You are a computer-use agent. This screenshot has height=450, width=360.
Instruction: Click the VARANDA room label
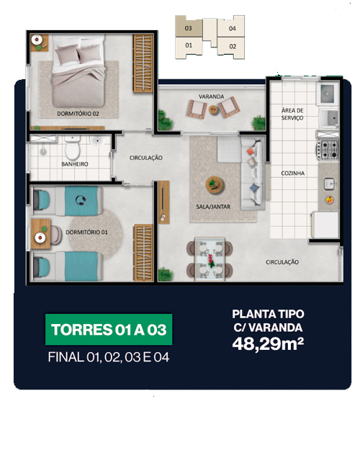(211, 96)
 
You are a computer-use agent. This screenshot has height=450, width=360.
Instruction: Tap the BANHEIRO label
(75, 164)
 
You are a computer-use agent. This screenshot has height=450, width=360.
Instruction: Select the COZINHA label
(292, 173)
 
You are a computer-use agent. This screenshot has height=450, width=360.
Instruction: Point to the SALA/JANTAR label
(213, 207)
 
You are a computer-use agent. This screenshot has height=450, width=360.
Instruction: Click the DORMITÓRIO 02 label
(78, 114)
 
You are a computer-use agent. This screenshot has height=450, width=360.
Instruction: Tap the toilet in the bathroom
(72, 148)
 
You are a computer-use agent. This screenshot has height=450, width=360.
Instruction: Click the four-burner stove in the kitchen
(328, 149)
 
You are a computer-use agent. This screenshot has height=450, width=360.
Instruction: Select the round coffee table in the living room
(215, 185)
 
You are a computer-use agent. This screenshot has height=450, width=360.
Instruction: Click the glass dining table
(210, 258)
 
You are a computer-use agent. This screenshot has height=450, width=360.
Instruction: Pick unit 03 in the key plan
(189, 28)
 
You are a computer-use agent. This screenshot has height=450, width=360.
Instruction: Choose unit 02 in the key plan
(233, 47)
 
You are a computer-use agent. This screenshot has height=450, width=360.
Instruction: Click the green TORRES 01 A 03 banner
(109, 330)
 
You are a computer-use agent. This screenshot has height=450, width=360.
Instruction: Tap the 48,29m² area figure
(268, 344)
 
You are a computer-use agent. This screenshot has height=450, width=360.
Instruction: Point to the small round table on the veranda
(213, 109)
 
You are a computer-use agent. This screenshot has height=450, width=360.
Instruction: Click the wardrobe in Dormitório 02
(143, 63)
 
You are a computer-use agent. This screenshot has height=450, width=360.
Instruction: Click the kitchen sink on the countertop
(329, 184)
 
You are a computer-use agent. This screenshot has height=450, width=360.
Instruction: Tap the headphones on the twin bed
(81, 200)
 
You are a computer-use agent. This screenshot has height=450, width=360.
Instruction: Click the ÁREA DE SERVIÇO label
(292, 114)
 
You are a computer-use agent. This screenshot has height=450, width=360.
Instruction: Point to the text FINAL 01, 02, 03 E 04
(109, 357)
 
